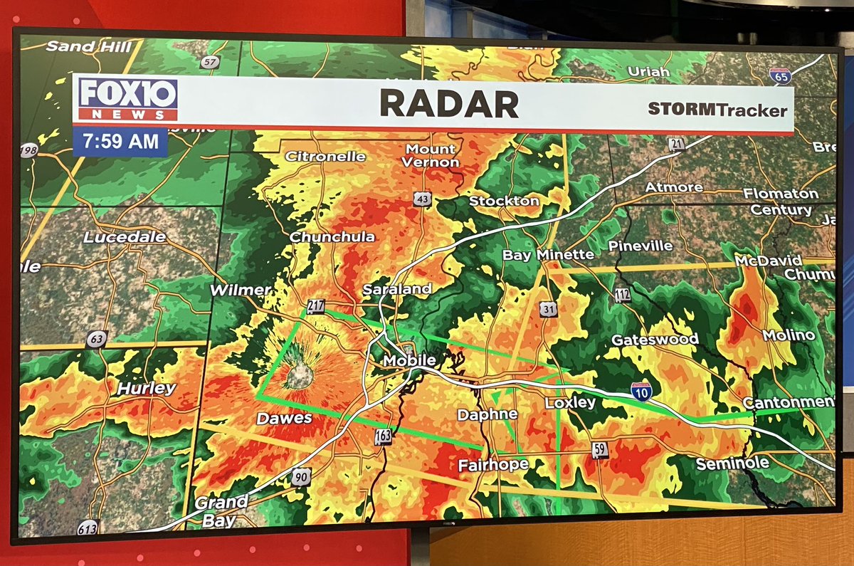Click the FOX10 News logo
click(x=127, y=99)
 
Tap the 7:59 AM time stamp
click(x=120, y=142)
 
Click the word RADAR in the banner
click(x=449, y=104)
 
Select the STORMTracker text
click(x=717, y=110)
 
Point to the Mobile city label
click(x=408, y=361)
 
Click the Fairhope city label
click(x=493, y=465)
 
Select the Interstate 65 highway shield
click(x=780, y=75)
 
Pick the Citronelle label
click(x=325, y=156)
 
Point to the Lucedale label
click(x=125, y=237)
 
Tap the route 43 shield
click(x=422, y=200)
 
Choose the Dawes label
click(x=284, y=419)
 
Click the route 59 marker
click(x=601, y=449)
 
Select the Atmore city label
click(x=673, y=187)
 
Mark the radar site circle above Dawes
click(x=299, y=374)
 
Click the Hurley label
click(x=146, y=388)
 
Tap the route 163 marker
click(x=383, y=436)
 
